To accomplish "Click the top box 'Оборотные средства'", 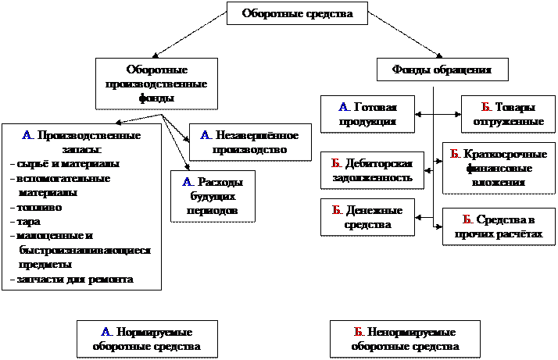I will coord(298,13).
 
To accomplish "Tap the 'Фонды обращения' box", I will coord(443,70).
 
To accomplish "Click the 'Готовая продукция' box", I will coord(367,114).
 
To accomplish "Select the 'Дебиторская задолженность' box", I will coord(373,170).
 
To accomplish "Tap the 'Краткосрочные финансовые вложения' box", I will coord(498,168).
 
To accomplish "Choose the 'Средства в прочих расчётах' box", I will coord(498,226).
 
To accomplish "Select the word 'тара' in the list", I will coord(27,221).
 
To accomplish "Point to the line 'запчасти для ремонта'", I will coord(73,279).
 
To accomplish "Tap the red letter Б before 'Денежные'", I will coord(335,211).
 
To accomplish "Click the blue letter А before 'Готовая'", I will coord(343,107).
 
